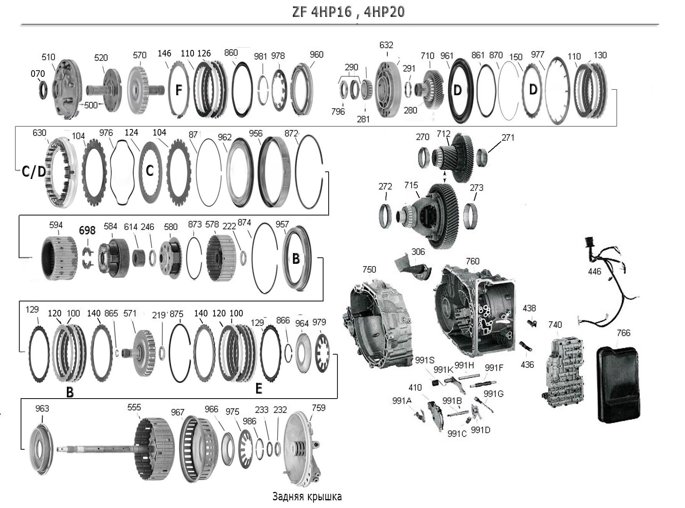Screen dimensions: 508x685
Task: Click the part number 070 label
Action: pos(38,73)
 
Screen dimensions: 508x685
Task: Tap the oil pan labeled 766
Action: pos(619,384)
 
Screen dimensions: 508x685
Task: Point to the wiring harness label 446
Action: pos(594,271)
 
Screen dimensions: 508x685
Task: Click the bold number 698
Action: pos(87,230)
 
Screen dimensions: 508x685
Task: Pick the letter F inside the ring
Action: pos(179,90)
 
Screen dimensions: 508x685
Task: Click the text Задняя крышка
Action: pos(307,496)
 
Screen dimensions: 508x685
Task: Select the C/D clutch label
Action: pos(34,172)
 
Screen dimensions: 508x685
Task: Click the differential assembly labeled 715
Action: pos(438,215)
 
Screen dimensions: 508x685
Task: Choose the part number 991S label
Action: pos(424,360)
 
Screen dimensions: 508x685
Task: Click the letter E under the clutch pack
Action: pos(259,389)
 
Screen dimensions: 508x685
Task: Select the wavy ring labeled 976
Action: pos(122,172)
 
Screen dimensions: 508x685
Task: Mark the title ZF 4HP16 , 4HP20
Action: pos(348,12)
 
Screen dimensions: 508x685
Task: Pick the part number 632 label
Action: pos(386,45)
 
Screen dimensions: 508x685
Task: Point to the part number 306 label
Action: pos(418,252)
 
